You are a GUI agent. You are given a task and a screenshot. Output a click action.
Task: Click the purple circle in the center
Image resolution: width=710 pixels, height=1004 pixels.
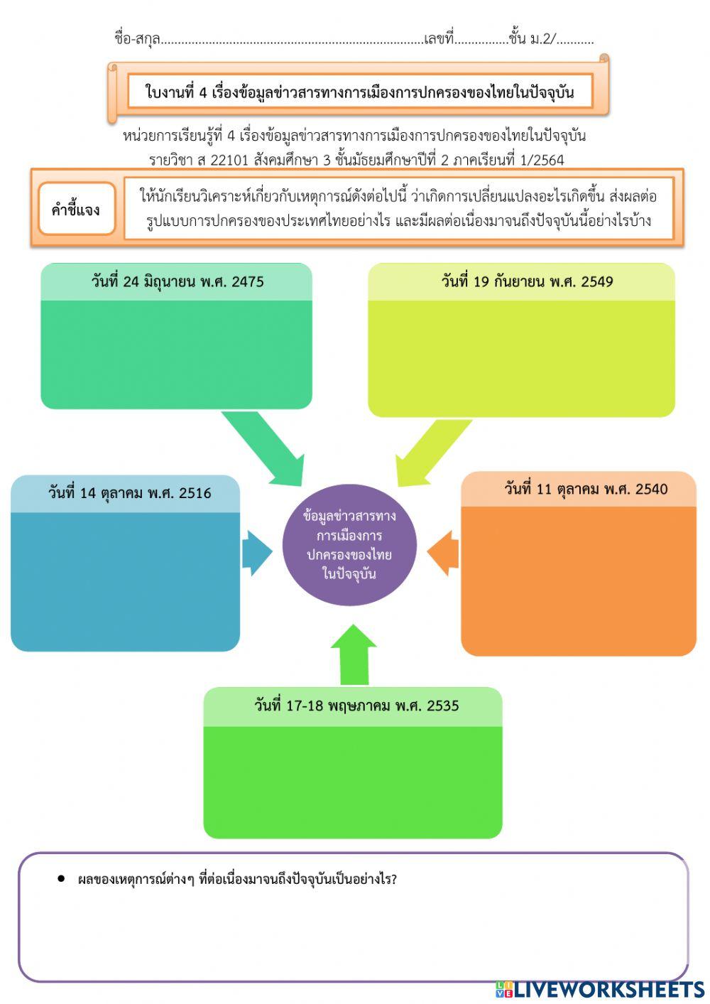point(349,544)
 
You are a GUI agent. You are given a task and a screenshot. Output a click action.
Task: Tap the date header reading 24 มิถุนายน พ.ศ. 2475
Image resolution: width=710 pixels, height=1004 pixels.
point(177,281)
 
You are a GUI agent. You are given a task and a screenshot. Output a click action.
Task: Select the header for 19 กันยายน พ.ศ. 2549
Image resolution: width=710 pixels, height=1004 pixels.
point(527,281)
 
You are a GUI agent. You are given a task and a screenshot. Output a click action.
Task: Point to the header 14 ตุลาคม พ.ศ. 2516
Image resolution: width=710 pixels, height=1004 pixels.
point(129,493)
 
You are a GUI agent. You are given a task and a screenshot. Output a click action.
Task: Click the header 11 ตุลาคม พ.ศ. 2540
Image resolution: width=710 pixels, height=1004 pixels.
point(586,489)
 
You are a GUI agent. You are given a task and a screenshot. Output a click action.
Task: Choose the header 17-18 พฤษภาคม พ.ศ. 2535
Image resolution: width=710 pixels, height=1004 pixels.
point(356,706)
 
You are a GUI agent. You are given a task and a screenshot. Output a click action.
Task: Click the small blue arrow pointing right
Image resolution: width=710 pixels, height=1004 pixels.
point(257,553)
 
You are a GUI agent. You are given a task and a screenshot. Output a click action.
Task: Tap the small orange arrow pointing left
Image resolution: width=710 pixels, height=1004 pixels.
point(442,553)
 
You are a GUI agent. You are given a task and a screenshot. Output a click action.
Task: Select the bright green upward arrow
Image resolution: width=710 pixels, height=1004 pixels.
point(354,654)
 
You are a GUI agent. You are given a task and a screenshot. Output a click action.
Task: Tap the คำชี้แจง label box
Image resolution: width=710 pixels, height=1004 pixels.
point(77,209)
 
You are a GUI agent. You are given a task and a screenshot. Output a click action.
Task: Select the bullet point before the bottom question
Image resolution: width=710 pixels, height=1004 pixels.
point(61,879)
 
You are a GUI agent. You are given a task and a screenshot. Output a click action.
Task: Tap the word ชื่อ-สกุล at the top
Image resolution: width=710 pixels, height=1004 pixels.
point(137,39)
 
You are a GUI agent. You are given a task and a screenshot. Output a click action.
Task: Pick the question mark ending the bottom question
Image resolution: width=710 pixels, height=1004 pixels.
point(393,879)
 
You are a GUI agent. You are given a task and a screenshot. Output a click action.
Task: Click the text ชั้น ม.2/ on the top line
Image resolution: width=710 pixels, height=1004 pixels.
point(532,39)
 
